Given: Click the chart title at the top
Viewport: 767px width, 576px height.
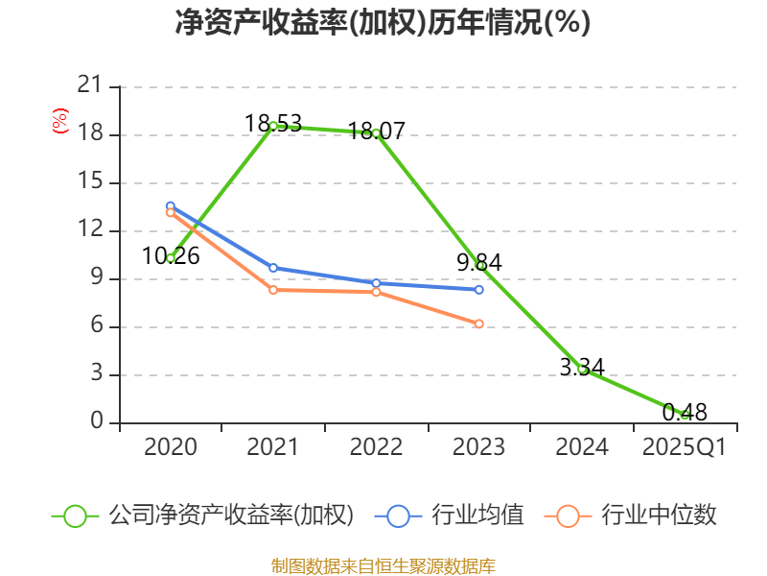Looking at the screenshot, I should pyautogui.click(x=383, y=23).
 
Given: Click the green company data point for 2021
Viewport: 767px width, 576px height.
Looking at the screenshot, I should pyautogui.click(x=273, y=126).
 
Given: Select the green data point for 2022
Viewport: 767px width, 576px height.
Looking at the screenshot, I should pyautogui.click(x=376, y=132).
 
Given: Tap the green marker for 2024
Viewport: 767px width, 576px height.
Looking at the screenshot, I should pyautogui.click(x=582, y=369).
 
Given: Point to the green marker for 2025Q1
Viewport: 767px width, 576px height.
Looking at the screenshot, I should pyautogui.click(x=685, y=414).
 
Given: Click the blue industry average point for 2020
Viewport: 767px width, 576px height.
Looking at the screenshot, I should pyautogui.click(x=171, y=205).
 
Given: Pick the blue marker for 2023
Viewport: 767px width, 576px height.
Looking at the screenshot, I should pyautogui.click(x=479, y=289).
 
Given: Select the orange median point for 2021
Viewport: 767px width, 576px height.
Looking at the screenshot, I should pyautogui.click(x=273, y=290).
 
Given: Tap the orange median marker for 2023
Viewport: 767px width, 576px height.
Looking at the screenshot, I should pyautogui.click(x=479, y=324).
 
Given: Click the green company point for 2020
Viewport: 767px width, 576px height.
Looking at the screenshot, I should pyautogui.click(x=171, y=257).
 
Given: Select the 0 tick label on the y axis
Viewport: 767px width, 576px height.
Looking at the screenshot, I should pyautogui.click(x=96, y=422).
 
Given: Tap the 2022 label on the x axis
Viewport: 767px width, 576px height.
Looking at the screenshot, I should pyautogui.click(x=376, y=447).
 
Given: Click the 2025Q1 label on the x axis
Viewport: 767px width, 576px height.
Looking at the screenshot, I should pyautogui.click(x=685, y=447).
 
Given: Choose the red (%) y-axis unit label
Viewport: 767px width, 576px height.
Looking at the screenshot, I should pyautogui.click(x=60, y=122).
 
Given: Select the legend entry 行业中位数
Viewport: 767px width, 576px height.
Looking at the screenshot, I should pyautogui.click(x=659, y=516).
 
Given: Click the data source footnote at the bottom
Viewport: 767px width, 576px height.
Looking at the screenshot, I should pyautogui.click(x=383, y=565).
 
